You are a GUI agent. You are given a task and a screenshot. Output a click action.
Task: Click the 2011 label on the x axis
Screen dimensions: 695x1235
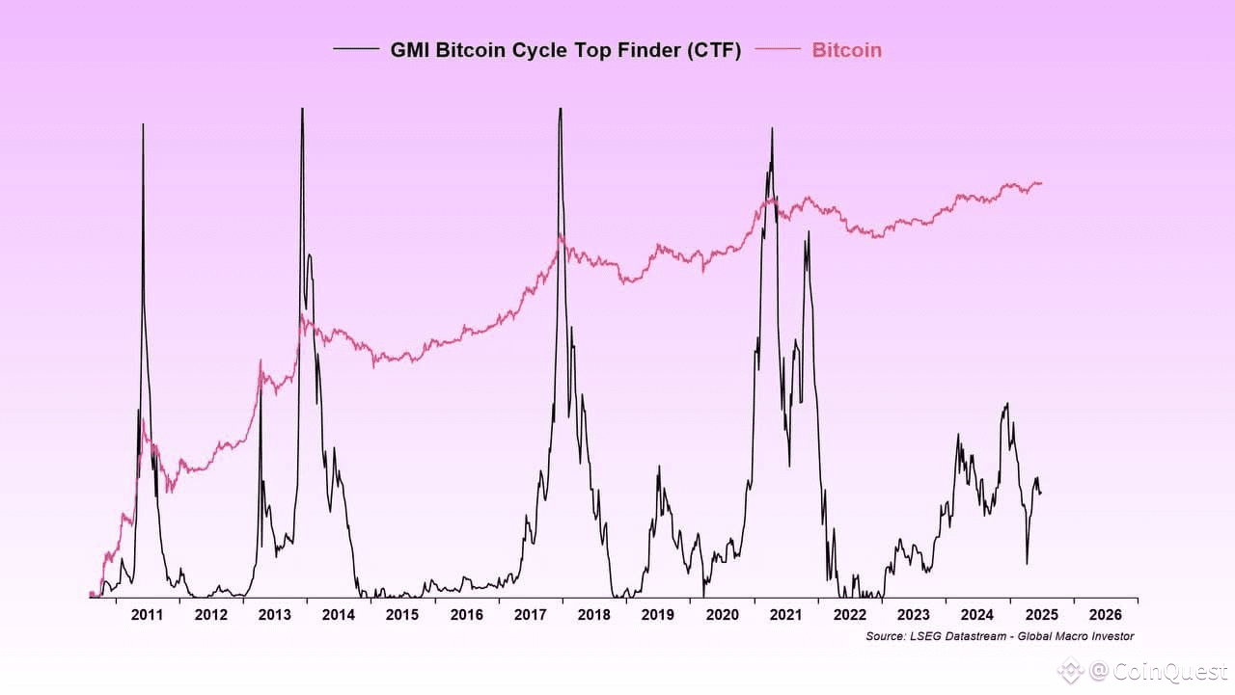(x=146, y=615)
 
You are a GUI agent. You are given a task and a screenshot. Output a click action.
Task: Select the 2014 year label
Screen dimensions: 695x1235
(x=338, y=615)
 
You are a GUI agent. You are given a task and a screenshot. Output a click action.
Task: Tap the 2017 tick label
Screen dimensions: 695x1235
(x=531, y=615)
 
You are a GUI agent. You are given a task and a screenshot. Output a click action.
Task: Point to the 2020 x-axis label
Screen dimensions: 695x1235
(x=723, y=615)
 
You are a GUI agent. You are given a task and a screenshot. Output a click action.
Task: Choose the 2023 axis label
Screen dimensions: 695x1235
(x=913, y=615)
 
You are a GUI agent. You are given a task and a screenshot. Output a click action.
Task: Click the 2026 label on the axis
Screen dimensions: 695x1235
(x=1105, y=615)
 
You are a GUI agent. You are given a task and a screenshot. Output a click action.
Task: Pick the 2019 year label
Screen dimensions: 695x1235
(x=658, y=615)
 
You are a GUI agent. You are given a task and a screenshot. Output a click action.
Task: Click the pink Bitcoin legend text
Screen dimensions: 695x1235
(x=846, y=50)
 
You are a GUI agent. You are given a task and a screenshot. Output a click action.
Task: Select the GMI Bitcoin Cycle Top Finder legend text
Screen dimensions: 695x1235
(x=565, y=50)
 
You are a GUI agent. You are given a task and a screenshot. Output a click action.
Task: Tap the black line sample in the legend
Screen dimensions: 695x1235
(x=356, y=48)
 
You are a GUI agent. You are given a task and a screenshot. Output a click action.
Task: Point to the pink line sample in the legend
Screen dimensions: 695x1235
(x=778, y=48)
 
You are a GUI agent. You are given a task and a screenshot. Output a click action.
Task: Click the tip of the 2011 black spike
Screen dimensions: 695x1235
(x=143, y=124)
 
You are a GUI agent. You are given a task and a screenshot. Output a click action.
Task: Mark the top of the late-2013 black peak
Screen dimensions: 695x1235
(x=302, y=108)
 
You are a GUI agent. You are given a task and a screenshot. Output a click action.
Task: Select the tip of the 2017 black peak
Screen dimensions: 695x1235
(x=560, y=108)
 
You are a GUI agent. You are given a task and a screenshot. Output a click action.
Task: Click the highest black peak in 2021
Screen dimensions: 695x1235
(x=772, y=128)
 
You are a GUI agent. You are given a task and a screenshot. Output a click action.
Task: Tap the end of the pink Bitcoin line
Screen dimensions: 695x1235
(x=1041, y=182)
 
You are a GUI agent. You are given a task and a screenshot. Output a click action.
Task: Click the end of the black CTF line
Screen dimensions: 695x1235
(x=1040, y=494)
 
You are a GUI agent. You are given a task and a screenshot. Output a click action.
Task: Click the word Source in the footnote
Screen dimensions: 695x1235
(x=885, y=636)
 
